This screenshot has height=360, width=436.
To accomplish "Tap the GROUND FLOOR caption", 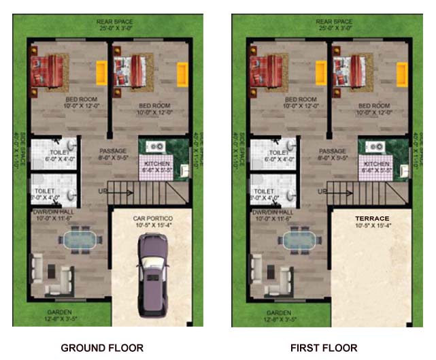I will click(x=102, y=348).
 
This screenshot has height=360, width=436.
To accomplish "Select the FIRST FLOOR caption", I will click(x=324, y=348).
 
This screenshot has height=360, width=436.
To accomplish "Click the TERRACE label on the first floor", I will click(x=372, y=219).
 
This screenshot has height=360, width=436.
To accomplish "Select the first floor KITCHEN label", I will click(x=377, y=165).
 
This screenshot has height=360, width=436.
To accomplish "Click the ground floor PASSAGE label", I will click(x=114, y=151).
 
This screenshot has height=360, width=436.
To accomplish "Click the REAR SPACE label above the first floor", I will click(x=333, y=22).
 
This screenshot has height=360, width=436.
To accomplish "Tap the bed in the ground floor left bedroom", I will click(x=47, y=70).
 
